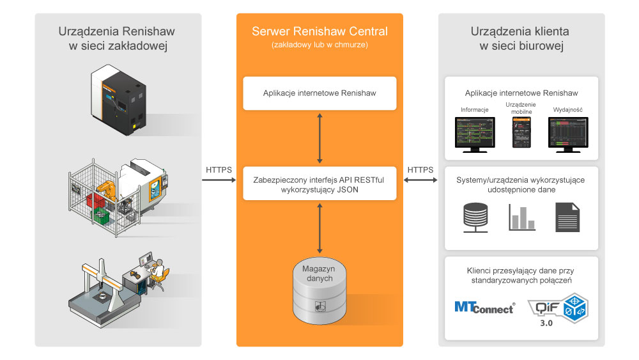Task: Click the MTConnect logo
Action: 484,307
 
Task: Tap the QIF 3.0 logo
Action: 561,306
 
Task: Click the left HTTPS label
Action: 219,170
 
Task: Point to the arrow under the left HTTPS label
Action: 219,181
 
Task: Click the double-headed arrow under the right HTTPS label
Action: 420,181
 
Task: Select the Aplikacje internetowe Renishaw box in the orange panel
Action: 319,93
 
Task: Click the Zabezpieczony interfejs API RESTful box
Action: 319,184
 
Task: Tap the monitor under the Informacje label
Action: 474,134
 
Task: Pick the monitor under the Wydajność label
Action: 567,134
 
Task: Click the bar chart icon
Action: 521,217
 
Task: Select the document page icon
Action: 567,217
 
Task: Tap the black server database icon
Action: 475,217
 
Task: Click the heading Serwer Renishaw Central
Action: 319,31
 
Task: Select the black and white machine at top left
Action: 119,99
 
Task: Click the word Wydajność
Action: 567,110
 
